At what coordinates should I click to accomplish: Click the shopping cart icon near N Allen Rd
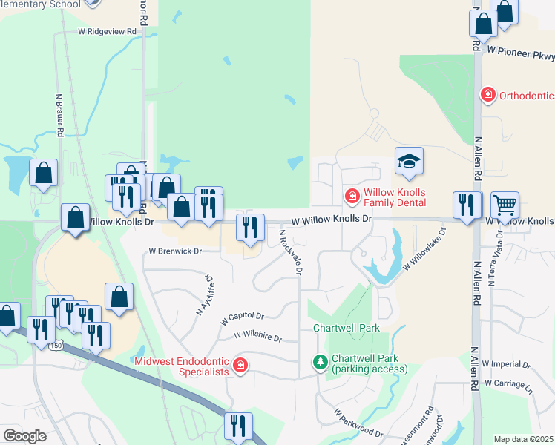(x=505, y=204)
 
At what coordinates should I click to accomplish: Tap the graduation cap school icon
(x=408, y=161)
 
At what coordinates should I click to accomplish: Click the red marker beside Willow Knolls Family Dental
(x=352, y=197)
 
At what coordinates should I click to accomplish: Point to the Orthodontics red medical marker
(x=487, y=94)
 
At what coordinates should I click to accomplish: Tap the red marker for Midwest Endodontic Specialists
(x=240, y=364)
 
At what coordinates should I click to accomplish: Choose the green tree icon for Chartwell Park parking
(x=320, y=361)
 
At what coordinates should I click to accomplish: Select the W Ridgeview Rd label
(x=108, y=32)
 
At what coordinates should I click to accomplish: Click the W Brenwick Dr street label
(x=175, y=251)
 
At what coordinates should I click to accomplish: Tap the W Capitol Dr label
(x=243, y=317)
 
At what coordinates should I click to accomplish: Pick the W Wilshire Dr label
(x=258, y=337)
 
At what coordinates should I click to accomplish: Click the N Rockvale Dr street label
(x=290, y=252)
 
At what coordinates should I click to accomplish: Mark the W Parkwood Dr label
(x=358, y=422)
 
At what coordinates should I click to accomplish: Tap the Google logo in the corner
(x=25, y=435)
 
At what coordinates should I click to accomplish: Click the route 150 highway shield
(x=56, y=346)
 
